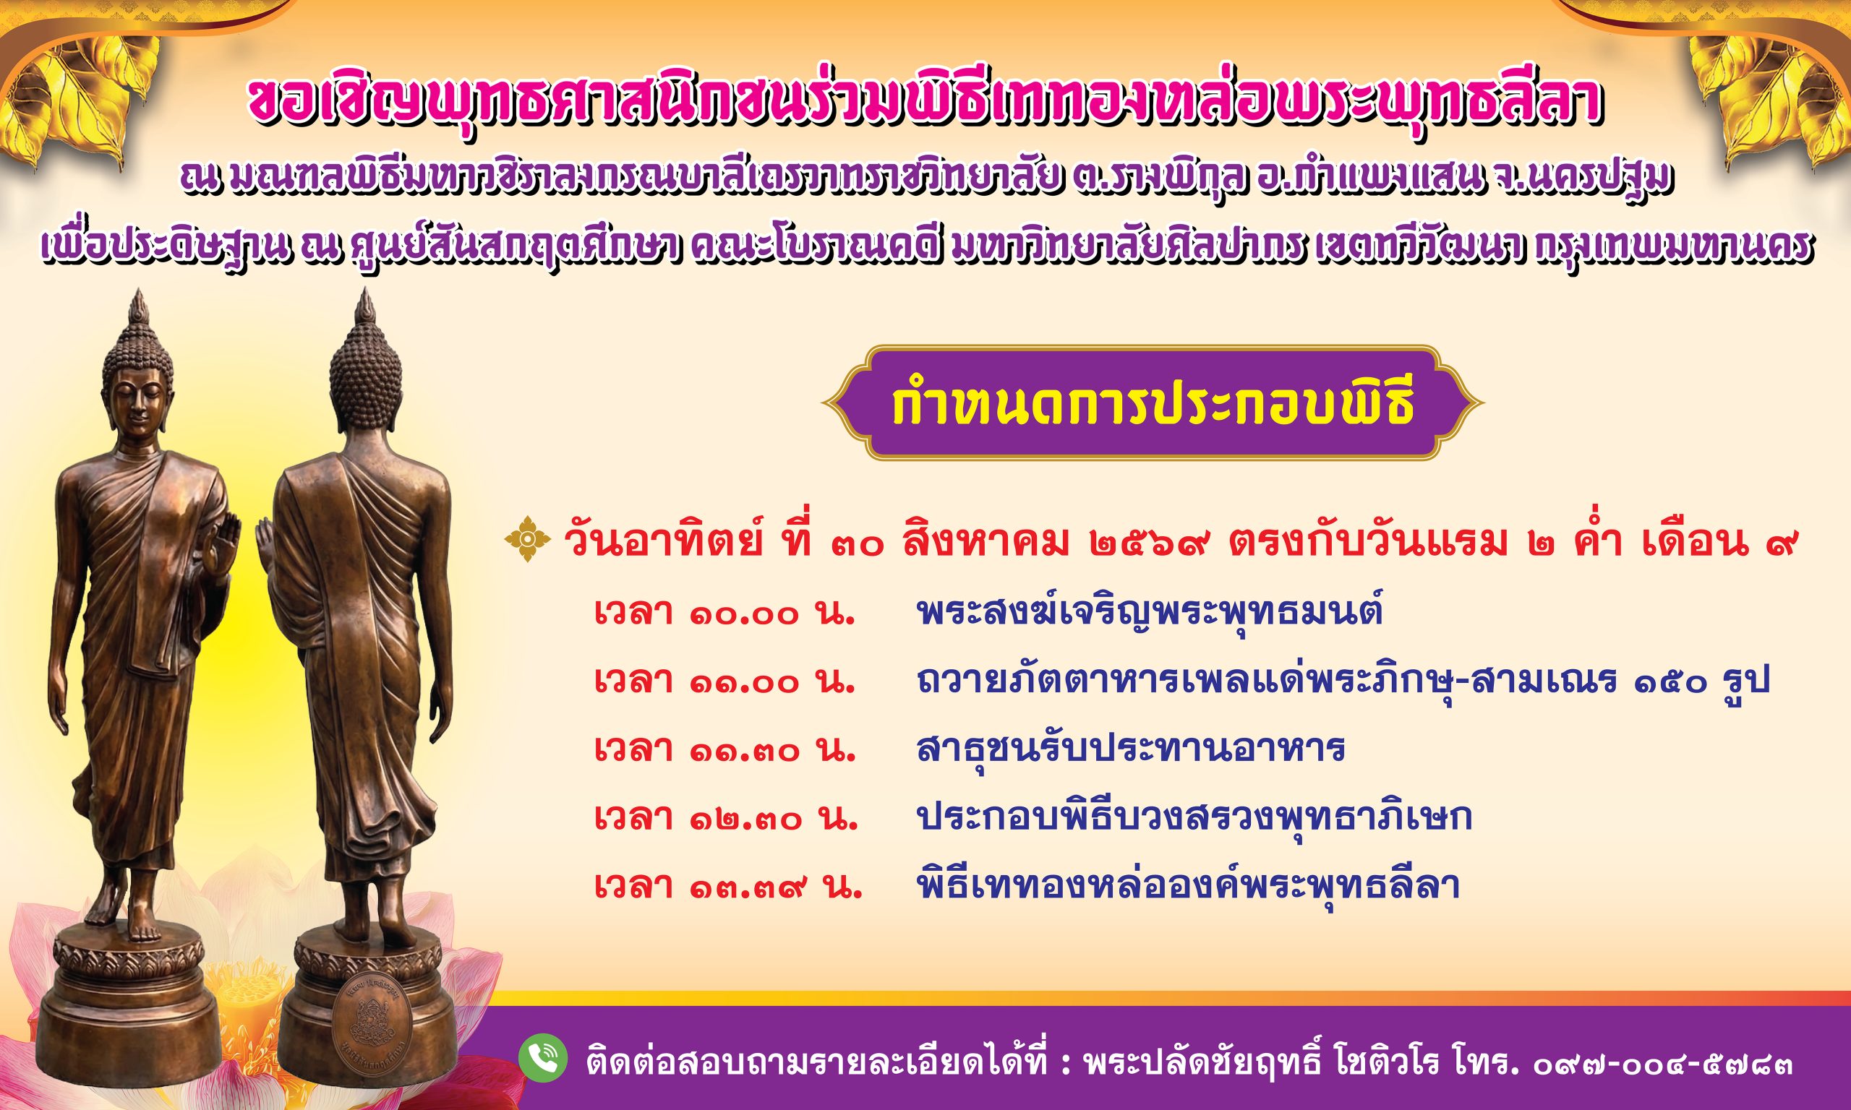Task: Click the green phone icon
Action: click(x=542, y=1058)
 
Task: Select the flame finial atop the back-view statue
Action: click(x=365, y=309)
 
